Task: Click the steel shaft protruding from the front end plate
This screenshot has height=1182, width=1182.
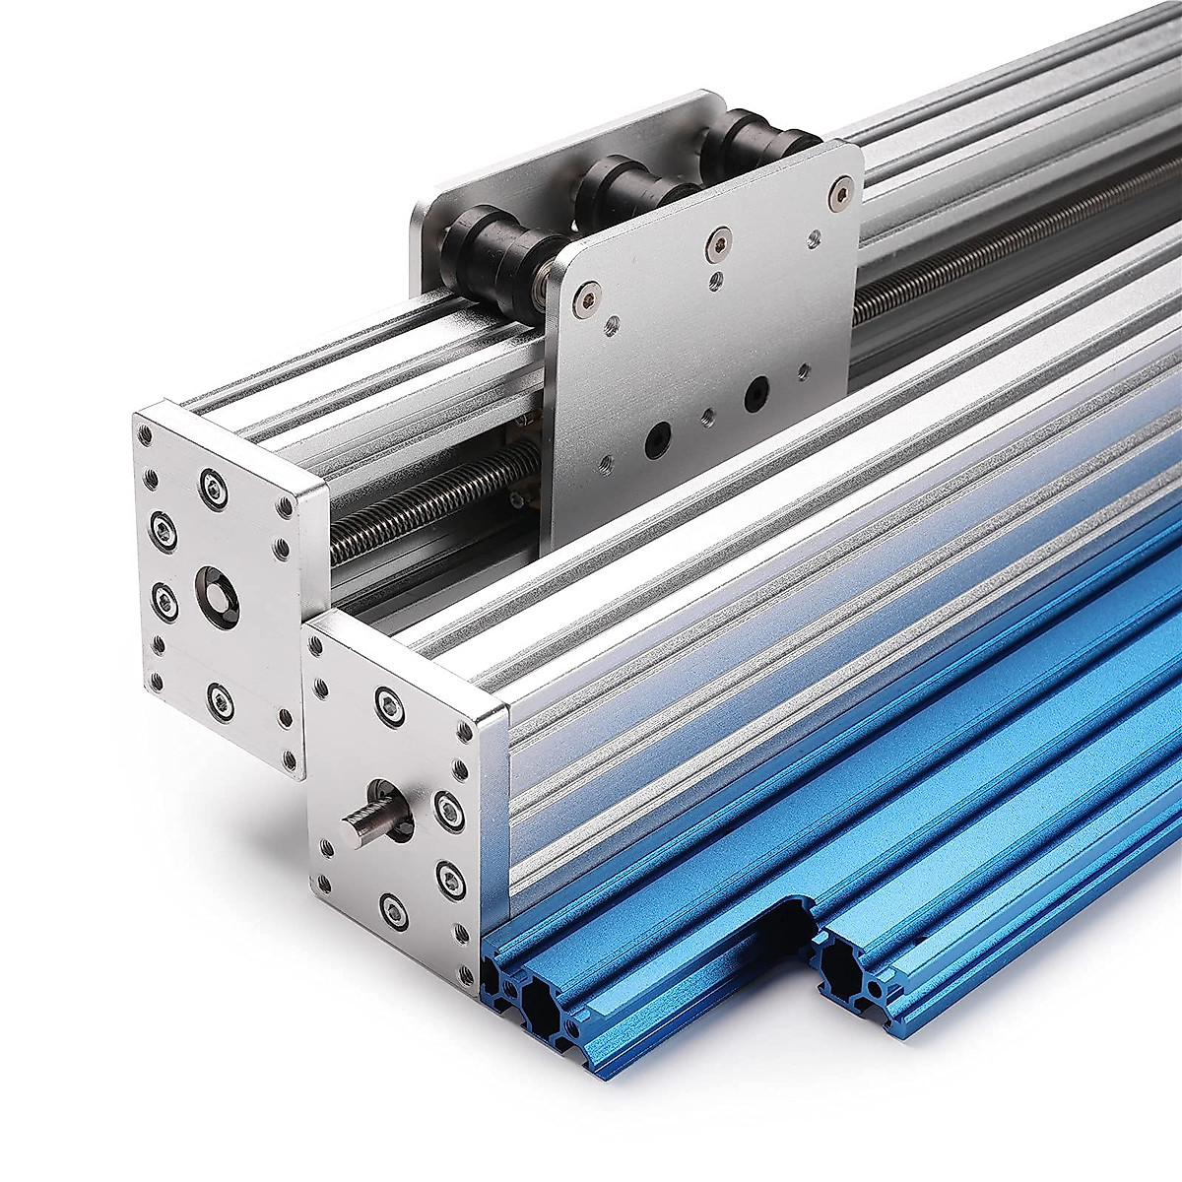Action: [366, 815]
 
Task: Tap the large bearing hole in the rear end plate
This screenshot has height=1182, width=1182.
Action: [217, 595]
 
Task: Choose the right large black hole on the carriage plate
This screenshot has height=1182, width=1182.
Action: [756, 392]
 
